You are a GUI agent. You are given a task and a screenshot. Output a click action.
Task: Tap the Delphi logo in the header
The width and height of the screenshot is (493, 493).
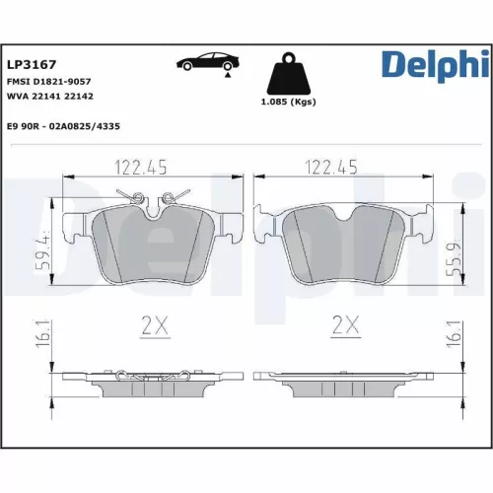coord(433,65)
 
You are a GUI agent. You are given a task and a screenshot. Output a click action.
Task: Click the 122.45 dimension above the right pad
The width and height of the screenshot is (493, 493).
coord(330,167)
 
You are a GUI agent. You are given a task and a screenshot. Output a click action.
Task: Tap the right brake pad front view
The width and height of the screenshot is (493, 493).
coord(343,246)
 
